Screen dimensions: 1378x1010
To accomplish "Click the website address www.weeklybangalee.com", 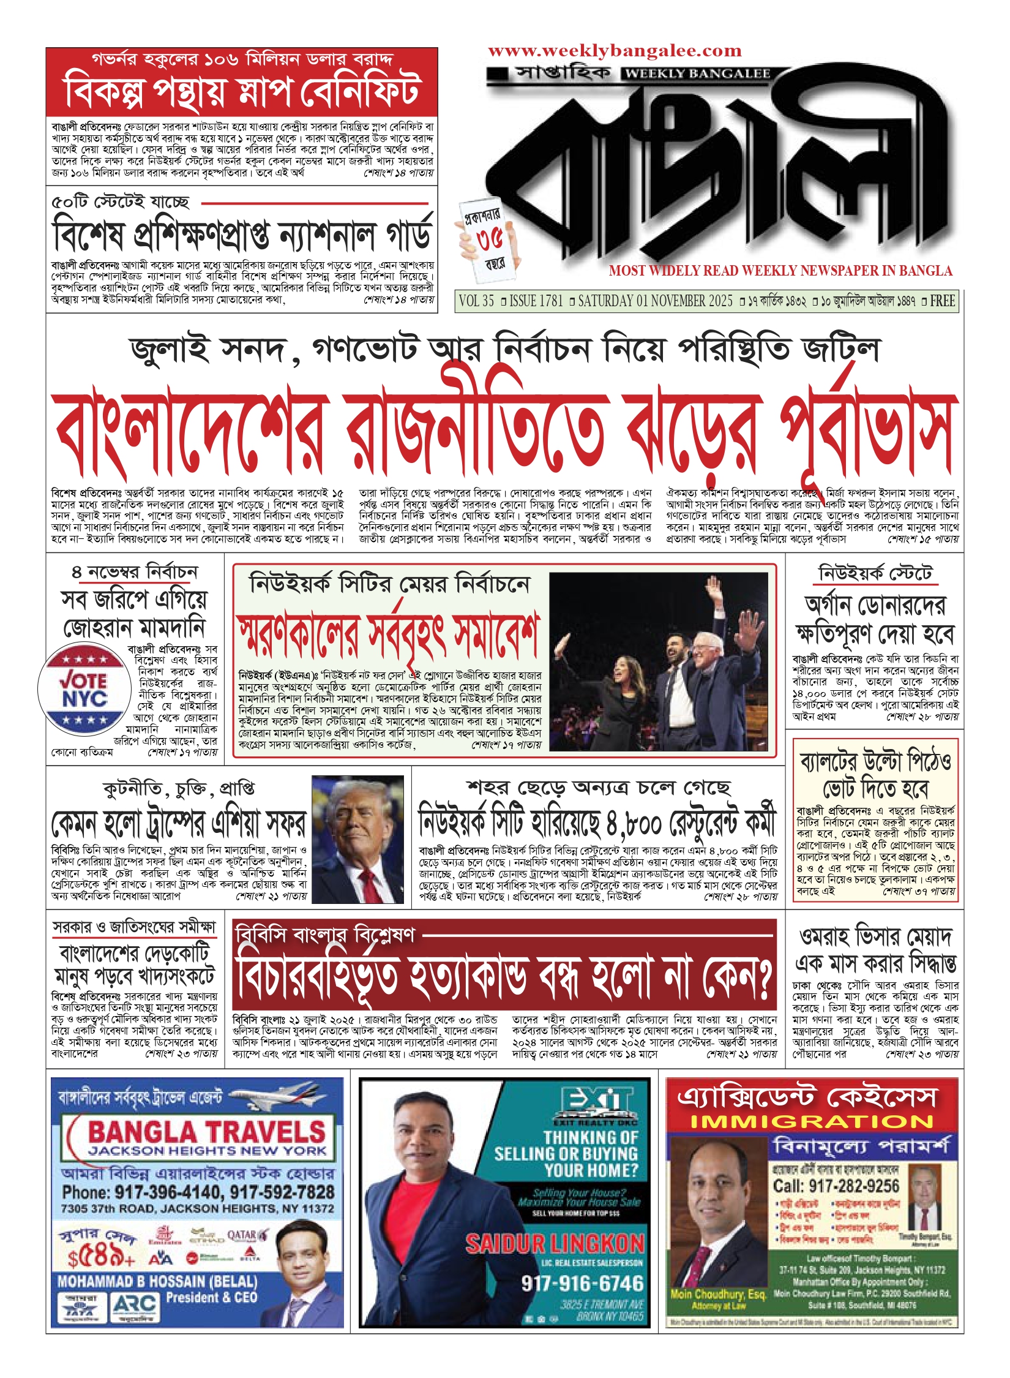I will click(x=615, y=51).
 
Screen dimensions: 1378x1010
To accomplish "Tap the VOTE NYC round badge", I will click(x=84, y=690).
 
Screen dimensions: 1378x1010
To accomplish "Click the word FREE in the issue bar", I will click(x=942, y=301).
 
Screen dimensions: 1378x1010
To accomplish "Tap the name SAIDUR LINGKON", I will click(x=555, y=1243).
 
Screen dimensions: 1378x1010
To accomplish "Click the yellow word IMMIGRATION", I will click(x=812, y=1122).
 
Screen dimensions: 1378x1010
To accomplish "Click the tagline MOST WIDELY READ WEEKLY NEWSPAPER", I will click(x=780, y=271).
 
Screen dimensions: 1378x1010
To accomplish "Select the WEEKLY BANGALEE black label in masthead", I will click(x=698, y=74).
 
